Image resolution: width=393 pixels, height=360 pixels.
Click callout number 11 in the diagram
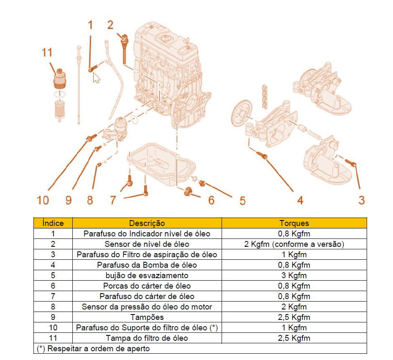(x=47, y=53)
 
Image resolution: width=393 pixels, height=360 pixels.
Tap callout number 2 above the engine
(x=110, y=25)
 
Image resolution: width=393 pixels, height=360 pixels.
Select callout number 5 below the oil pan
(x=242, y=200)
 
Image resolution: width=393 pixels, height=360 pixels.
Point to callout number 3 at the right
(x=361, y=200)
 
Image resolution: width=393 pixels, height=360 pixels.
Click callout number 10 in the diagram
(x=43, y=200)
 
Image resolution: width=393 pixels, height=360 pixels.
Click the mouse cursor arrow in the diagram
(x=96, y=78)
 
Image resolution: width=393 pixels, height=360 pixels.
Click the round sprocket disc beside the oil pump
(x=242, y=114)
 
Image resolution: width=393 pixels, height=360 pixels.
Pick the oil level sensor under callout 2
(x=124, y=49)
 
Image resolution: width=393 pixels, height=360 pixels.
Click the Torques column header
(x=294, y=223)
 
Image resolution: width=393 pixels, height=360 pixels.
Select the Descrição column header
(x=147, y=223)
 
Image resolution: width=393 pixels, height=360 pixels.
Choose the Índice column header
(x=53, y=223)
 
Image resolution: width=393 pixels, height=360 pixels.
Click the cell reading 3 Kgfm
(x=294, y=275)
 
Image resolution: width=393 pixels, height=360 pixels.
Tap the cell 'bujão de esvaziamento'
(x=147, y=275)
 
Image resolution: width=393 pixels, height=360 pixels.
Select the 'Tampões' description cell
(x=147, y=317)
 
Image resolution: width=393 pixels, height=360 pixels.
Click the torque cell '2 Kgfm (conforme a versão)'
(x=294, y=244)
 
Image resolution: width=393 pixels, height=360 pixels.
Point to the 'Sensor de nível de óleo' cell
(x=147, y=244)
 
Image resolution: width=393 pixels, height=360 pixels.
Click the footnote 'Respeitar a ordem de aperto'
(x=99, y=348)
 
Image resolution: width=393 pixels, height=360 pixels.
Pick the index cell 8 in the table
(x=53, y=307)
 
